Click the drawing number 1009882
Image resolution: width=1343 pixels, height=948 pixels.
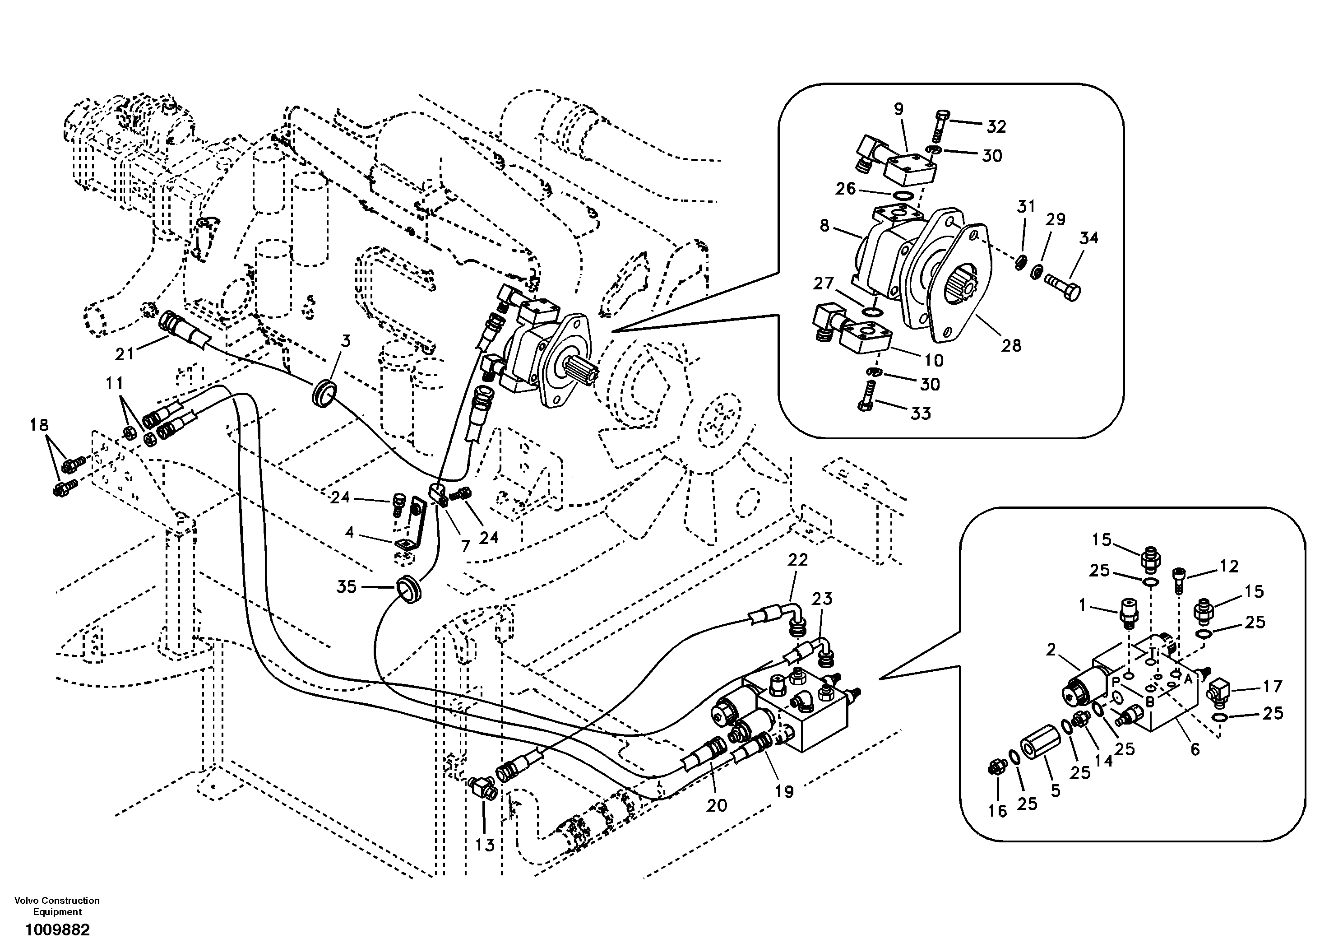point(57,929)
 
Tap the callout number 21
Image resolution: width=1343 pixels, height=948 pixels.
point(125,353)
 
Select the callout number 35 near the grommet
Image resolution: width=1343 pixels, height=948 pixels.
point(346,586)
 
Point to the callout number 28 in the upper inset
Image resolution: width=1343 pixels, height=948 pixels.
point(1011,345)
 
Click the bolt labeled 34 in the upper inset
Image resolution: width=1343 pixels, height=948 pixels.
point(1063,287)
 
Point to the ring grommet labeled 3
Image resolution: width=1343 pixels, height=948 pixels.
point(324,392)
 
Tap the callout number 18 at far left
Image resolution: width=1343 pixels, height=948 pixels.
point(39,425)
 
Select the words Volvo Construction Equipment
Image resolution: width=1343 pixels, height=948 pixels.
point(57,906)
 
